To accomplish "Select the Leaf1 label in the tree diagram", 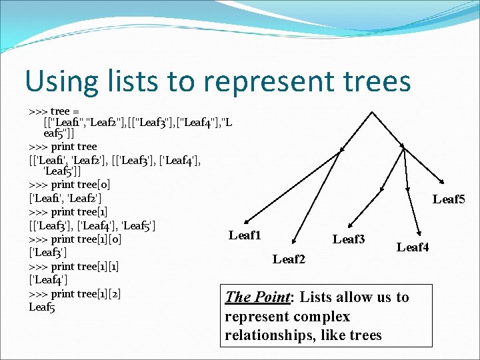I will click(x=245, y=235).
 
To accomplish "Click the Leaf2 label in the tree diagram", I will click(x=289, y=259).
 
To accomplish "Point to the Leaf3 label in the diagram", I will click(x=349, y=239).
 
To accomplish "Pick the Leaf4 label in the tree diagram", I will click(x=413, y=247).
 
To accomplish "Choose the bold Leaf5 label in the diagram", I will click(x=449, y=199).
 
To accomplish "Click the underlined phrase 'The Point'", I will click(x=258, y=297).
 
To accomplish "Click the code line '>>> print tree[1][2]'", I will click(x=75, y=293).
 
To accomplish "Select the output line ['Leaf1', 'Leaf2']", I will click(x=65, y=198).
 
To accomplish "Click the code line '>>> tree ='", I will click(x=54, y=111).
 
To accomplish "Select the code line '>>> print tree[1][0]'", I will click(x=75, y=239).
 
